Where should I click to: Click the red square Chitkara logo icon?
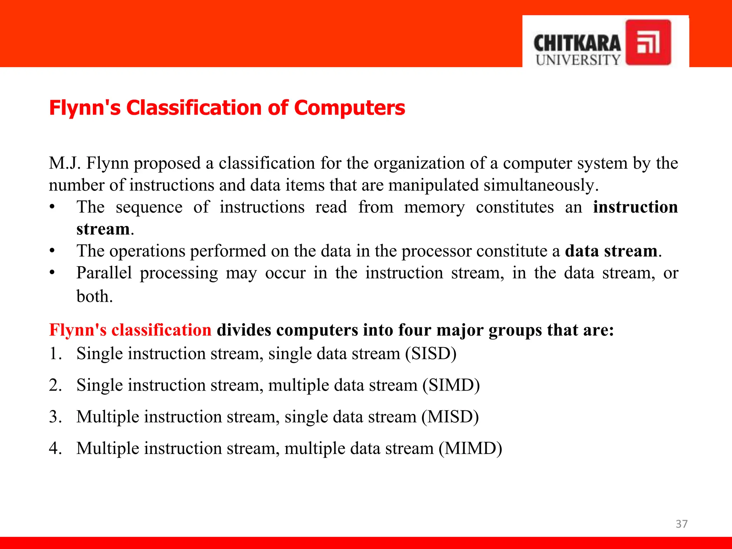[648, 42]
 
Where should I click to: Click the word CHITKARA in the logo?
[577, 44]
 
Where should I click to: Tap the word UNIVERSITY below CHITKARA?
[578, 60]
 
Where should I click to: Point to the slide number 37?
[681, 524]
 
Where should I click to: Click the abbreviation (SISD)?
[431, 353]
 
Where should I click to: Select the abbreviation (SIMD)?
[451, 385]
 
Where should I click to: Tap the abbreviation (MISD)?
[450, 417]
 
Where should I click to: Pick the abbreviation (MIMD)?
[470, 448]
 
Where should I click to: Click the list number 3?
[55, 417]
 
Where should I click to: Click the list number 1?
[55, 353]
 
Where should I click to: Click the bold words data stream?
[611, 251]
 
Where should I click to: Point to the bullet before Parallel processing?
[52, 273]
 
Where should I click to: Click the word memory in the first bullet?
[434, 207]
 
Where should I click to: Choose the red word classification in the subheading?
[161, 330]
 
